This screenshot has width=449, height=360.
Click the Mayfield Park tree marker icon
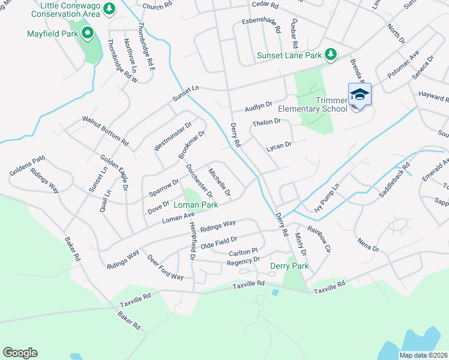coord(88,34)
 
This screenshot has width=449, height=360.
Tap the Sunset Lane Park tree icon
coord(330,56)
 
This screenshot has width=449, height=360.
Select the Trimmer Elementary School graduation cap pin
coord(360,95)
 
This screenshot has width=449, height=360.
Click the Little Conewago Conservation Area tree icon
coord(109,8)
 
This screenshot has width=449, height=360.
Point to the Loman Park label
coord(195,205)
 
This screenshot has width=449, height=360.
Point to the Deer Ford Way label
coord(165,268)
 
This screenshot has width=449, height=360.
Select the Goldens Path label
coord(27,166)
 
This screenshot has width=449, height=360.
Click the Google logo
coord(20,353)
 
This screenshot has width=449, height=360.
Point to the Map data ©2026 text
coord(423,355)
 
